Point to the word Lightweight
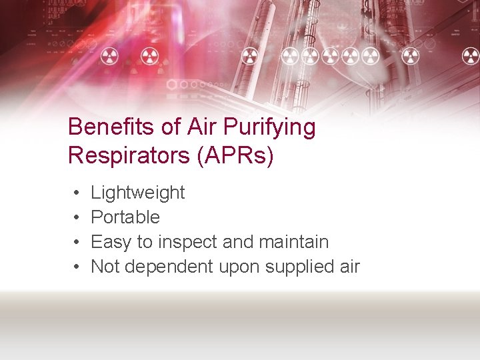point(137,193)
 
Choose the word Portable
point(125,217)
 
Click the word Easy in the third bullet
point(108,242)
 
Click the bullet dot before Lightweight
point(77,193)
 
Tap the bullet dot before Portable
point(77,218)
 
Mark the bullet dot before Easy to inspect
point(77,243)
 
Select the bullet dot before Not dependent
point(77,267)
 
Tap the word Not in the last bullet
point(105,267)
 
